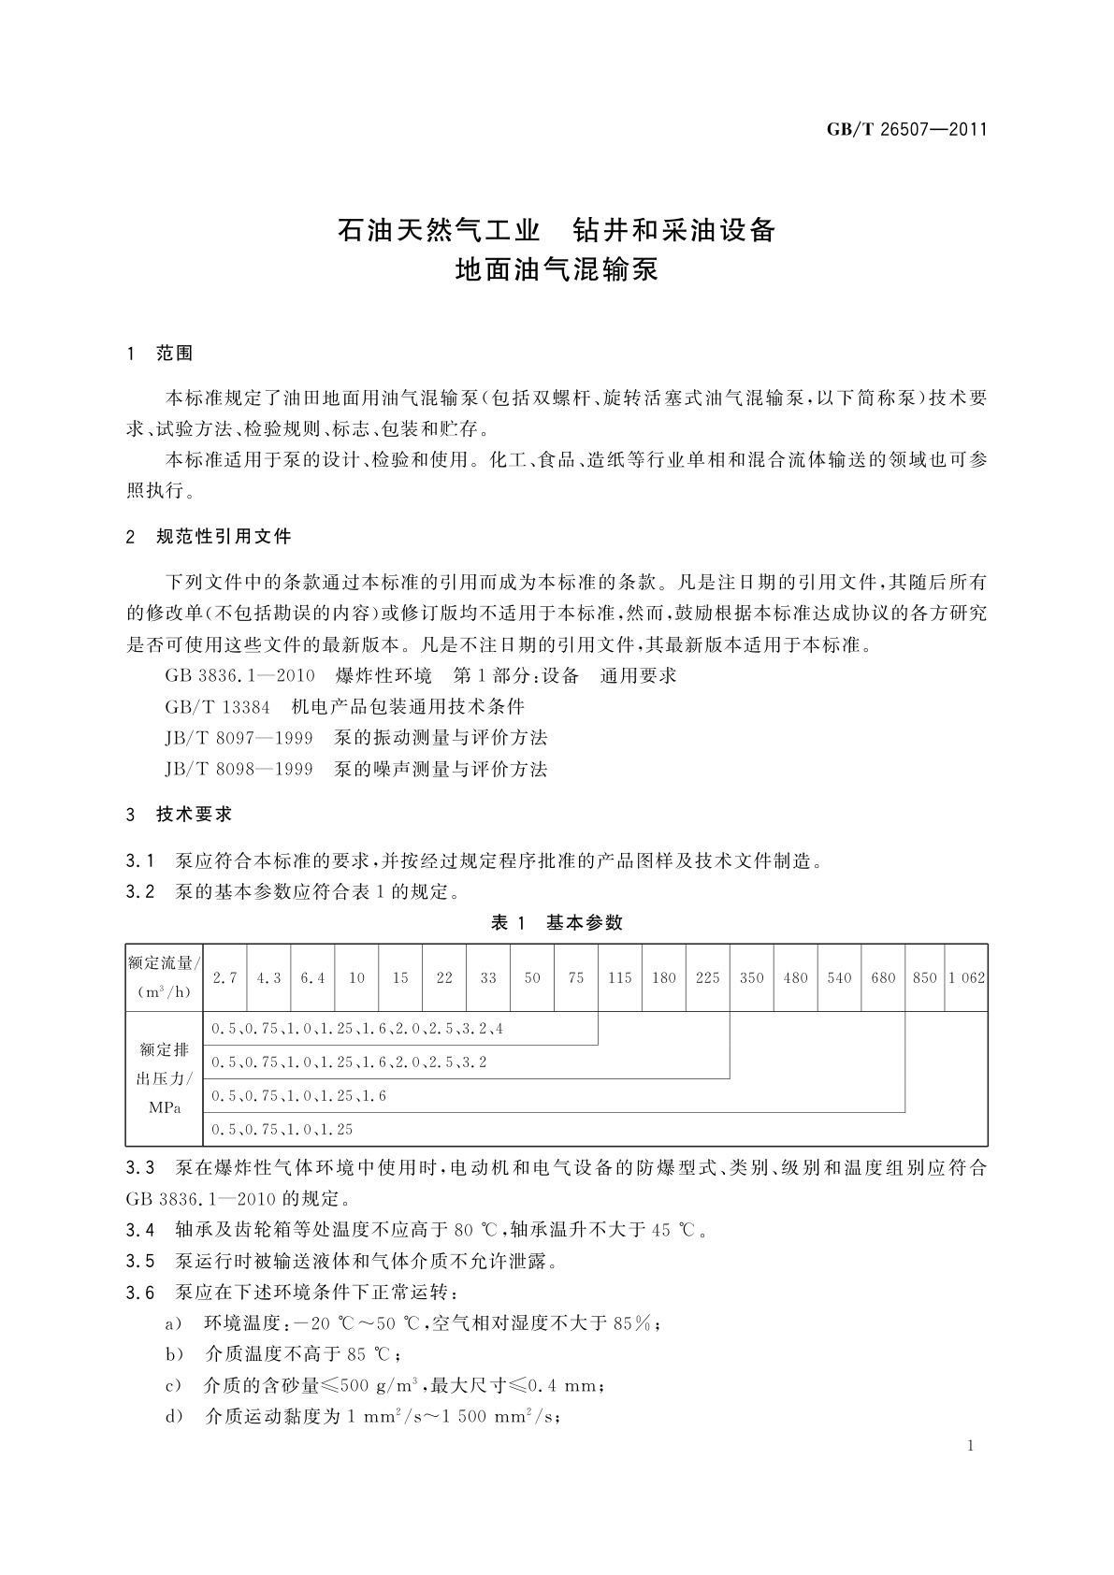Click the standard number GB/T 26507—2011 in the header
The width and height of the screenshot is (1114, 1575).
pos(906,130)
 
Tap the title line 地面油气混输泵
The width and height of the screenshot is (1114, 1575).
pos(557,270)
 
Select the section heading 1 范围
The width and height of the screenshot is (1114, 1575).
pos(160,354)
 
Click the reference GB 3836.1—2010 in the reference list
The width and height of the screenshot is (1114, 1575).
pos(239,675)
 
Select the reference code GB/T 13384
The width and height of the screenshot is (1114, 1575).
pos(217,706)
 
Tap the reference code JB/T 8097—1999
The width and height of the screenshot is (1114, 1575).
pos(239,738)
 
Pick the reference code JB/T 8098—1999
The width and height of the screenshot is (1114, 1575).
pos(239,770)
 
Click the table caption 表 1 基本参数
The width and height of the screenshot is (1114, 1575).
pos(557,923)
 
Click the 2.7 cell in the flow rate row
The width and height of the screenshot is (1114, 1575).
pos(224,977)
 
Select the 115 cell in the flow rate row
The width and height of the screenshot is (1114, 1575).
pos(619,977)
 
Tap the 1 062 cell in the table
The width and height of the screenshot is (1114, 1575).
pos(966,977)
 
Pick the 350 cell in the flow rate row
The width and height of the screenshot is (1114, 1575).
pos(751,977)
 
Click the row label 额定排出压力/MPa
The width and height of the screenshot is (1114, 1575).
pos(165,1078)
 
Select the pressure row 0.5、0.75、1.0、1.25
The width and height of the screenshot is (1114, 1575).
pos(282,1130)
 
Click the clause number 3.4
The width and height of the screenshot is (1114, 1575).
pos(140,1230)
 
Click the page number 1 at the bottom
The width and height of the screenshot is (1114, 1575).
pos(971,1446)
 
